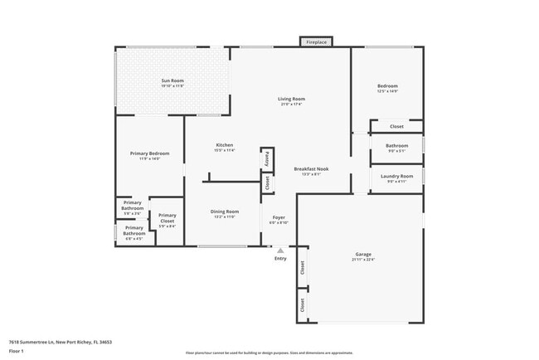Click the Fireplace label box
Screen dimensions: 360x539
pos(316,41)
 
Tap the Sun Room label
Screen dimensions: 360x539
pos(172,80)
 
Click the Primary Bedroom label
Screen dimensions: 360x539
pos(144,153)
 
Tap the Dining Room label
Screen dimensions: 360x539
pos(224,212)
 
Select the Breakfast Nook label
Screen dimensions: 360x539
pos(311,169)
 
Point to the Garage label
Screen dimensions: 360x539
pos(363,255)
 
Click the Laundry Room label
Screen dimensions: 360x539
pos(396,176)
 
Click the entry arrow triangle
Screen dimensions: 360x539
pos(280,249)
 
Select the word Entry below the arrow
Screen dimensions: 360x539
pos(280,259)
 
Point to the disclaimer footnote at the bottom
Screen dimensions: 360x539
pos(269,352)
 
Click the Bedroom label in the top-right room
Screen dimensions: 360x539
pos(387,86)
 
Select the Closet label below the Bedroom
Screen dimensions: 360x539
pos(396,126)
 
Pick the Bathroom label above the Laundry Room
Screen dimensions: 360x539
pos(396,146)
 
